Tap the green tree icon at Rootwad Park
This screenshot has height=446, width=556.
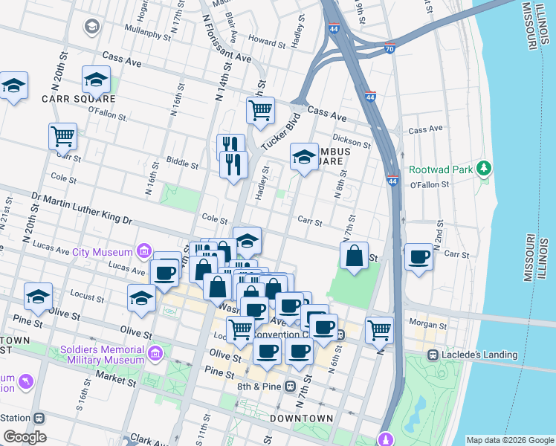485,169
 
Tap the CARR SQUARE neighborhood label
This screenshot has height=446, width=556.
78,98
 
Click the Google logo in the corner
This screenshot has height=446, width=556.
25,436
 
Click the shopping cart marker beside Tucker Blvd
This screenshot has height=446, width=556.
260,111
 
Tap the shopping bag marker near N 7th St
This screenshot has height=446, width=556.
355,256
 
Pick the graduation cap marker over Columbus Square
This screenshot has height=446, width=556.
303,157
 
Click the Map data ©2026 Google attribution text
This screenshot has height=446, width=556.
510,440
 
